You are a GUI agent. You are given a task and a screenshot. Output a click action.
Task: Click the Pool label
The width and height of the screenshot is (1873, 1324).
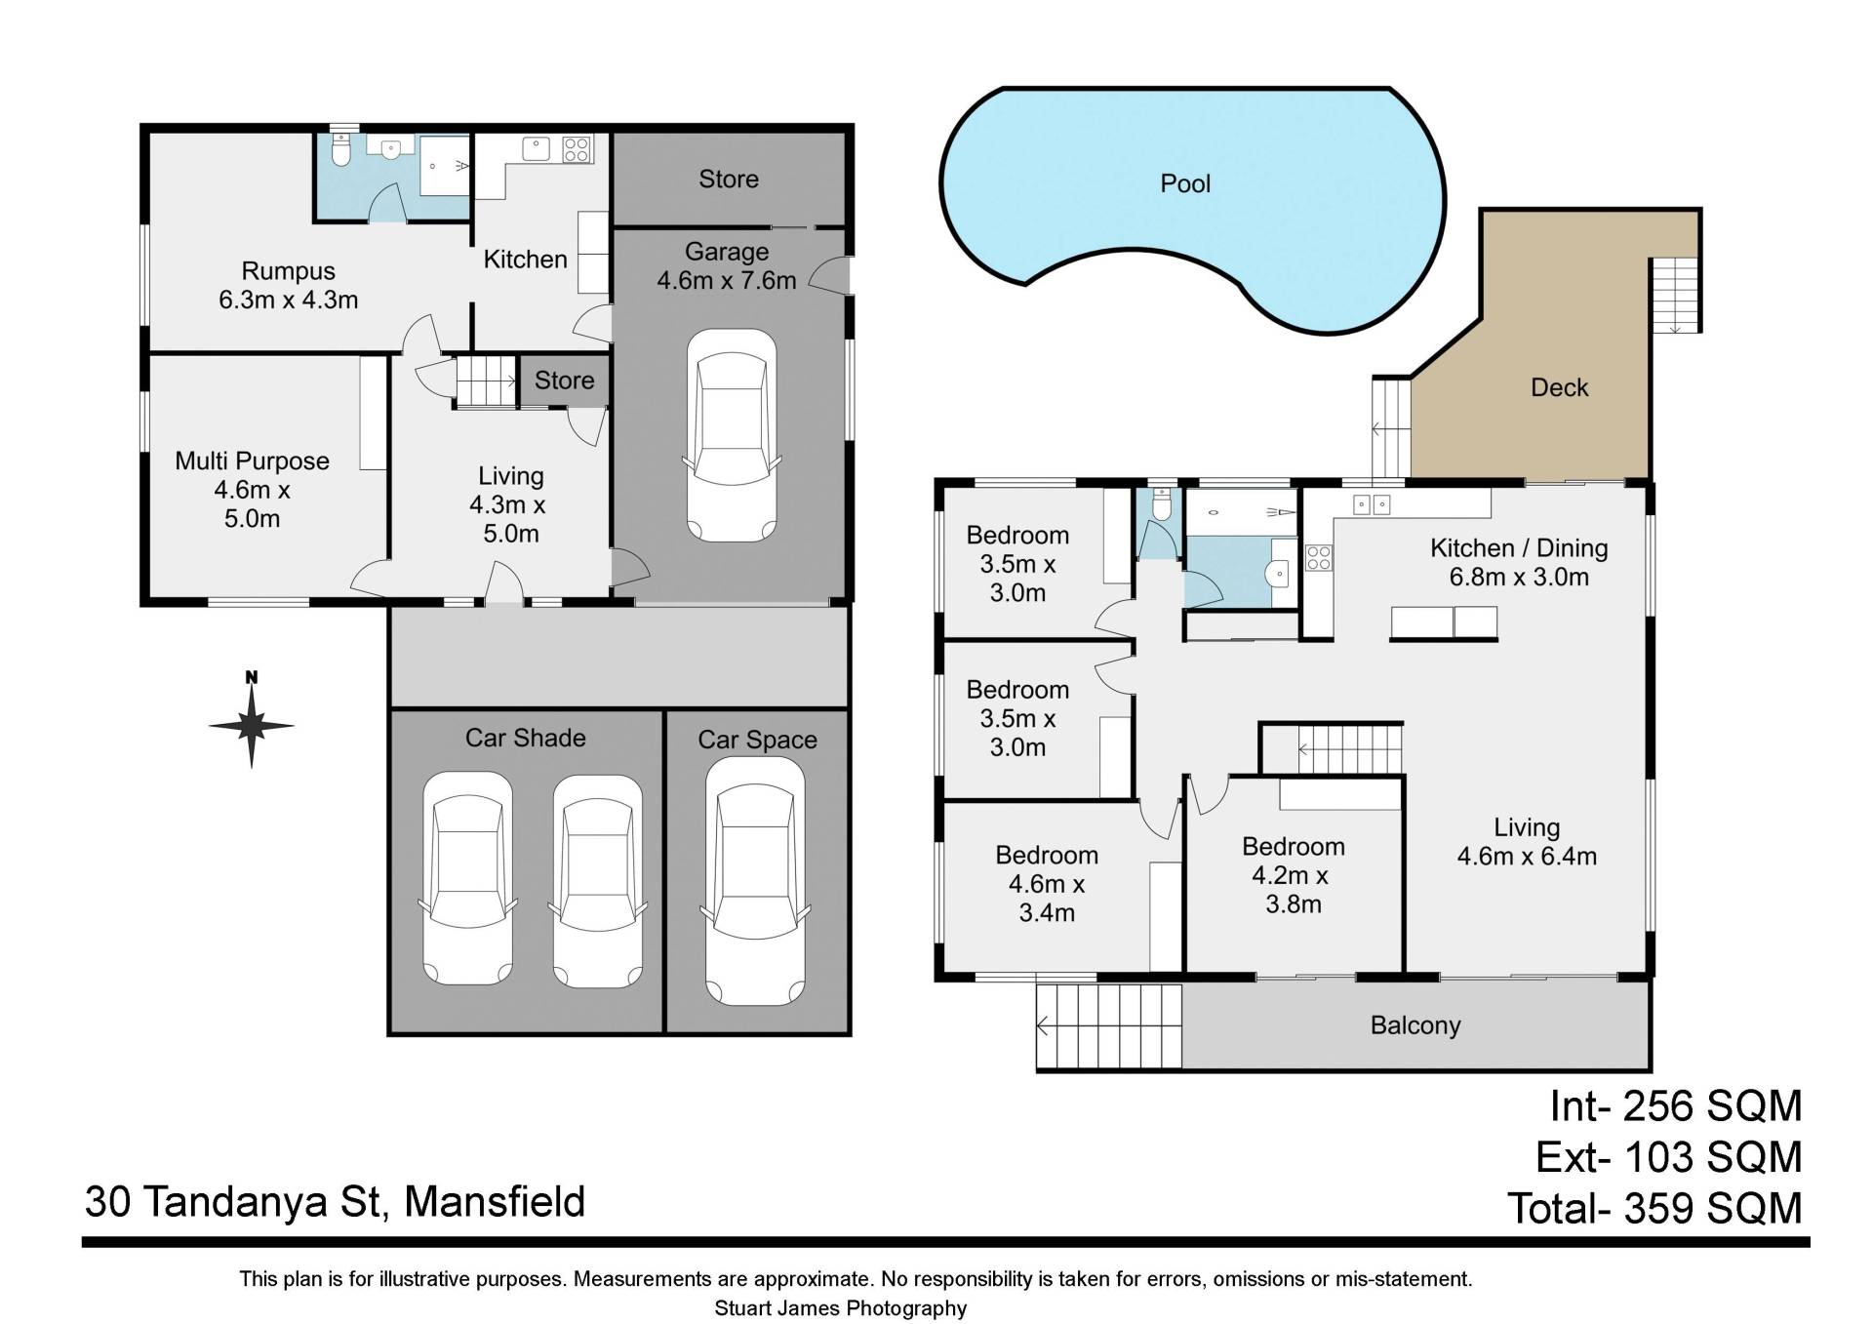pos(1185,183)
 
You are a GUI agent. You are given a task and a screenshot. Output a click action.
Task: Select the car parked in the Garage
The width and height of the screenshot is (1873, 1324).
pos(732,435)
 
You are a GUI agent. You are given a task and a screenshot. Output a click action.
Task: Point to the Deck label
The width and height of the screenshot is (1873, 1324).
pos(1559,387)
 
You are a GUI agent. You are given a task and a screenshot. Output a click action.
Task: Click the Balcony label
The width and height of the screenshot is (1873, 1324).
pos(1415,1025)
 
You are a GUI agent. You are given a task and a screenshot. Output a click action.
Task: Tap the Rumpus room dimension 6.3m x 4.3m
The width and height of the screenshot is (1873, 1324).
pos(288,300)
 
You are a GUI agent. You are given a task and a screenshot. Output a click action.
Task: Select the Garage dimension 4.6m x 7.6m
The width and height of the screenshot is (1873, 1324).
pos(727,280)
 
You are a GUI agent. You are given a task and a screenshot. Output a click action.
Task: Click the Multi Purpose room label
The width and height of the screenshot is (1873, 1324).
pos(252,461)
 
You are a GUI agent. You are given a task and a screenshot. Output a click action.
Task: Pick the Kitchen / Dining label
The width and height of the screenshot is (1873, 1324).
pos(1519,548)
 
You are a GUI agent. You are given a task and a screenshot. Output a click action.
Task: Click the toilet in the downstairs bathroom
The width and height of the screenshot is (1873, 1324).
pos(340,151)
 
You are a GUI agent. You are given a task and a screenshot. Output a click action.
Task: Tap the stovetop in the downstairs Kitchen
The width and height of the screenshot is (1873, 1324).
pos(576,149)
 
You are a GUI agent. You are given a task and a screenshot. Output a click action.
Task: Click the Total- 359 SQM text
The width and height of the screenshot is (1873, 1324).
pos(1654,1209)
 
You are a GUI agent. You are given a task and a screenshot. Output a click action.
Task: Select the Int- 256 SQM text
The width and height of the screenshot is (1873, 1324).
pos(1676,1106)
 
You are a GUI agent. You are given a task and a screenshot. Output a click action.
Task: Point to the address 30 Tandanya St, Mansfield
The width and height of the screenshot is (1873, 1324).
pos(335,1202)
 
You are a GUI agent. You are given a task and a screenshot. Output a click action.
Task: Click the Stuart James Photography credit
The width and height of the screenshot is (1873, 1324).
pos(841,1308)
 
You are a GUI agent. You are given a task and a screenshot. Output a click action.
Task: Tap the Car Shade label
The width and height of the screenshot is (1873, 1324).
pos(525,738)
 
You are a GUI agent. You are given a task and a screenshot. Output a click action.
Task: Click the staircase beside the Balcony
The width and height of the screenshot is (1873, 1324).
pos(1109,1026)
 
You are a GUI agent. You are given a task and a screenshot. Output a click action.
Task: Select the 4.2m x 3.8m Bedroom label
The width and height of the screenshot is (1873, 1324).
pos(1293,875)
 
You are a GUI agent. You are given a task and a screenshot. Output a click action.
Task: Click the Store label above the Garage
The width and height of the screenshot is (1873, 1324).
pos(728,179)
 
